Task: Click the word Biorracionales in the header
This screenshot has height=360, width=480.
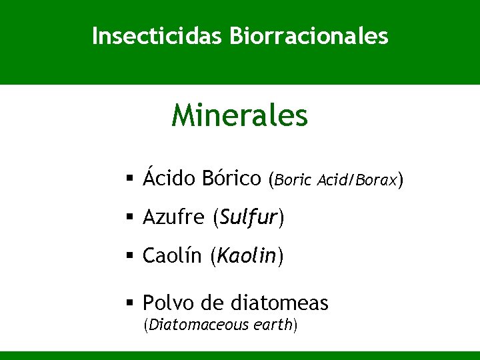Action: pyautogui.click(x=308, y=36)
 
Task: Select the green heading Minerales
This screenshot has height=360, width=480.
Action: pyautogui.click(x=239, y=115)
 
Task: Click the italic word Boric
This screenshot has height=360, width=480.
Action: pyautogui.click(x=293, y=180)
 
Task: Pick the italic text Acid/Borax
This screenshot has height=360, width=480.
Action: pyautogui.click(x=357, y=180)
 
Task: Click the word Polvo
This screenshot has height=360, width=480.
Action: pyautogui.click(x=168, y=303)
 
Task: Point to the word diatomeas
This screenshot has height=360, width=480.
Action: pyautogui.click(x=279, y=303)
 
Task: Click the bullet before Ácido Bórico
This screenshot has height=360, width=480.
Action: pyautogui.click(x=130, y=179)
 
